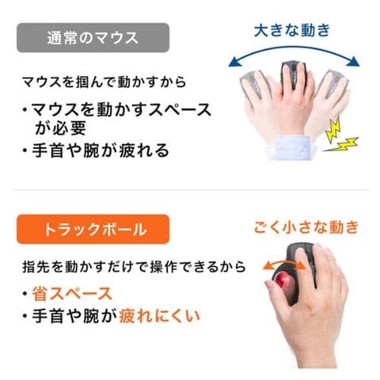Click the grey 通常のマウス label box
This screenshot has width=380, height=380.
(93, 38)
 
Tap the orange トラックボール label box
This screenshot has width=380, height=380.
(93, 229)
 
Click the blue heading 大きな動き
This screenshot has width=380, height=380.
(292, 30)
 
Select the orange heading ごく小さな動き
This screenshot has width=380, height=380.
(306, 227)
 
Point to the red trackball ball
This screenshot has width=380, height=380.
(283, 280)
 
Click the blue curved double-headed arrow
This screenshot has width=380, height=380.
(294, 47)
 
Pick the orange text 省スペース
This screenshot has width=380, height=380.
(72, 294)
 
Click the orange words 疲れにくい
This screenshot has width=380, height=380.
(159, 316)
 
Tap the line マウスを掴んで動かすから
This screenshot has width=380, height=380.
(104, 82)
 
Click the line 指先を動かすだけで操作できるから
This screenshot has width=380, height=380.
(134, 267)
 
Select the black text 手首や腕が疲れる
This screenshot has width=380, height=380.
(101, 150)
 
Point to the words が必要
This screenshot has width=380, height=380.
(60, 127)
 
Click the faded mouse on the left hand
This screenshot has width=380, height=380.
(252, 85)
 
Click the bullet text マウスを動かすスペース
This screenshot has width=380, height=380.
(121, 109)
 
